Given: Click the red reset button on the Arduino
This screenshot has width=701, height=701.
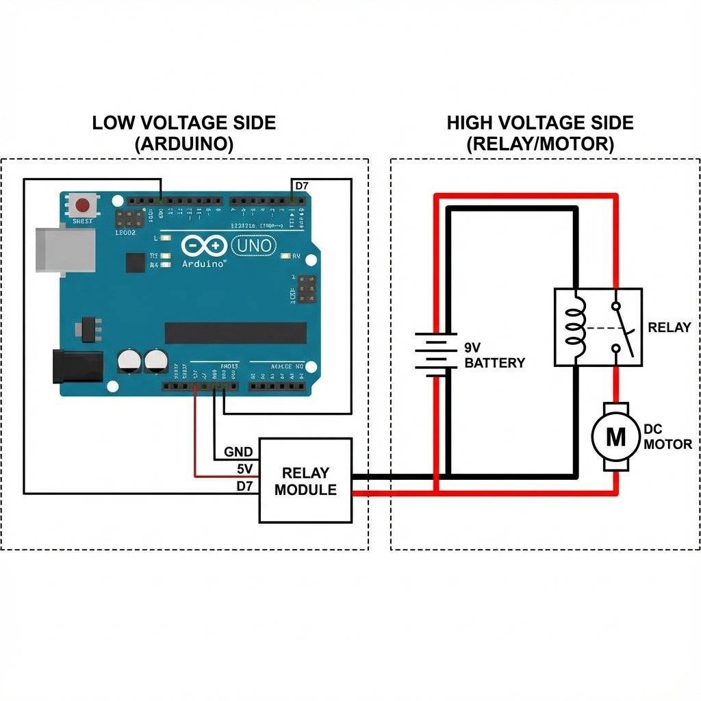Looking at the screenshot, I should [x=84, y=205].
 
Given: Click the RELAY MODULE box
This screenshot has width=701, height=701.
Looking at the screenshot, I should [x=305, y=481].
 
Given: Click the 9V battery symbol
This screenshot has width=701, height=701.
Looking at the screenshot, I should [x=435, y=354].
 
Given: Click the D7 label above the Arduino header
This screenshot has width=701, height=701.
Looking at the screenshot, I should [x=301, y=186].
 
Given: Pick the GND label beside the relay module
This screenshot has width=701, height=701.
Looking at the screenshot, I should [x=238, y=453].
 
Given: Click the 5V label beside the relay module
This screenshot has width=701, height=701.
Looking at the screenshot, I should [x=244, y=470].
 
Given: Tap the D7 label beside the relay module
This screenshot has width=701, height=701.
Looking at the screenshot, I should [x=244, y=486].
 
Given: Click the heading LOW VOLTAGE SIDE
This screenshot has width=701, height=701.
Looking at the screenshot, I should [x=184, y=123].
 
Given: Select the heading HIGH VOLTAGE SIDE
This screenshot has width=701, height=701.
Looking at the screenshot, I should [x=540, y=123].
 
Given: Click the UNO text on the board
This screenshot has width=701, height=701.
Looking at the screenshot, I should [x=255, y=245].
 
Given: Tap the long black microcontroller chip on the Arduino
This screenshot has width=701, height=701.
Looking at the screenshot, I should [x=235, y=333].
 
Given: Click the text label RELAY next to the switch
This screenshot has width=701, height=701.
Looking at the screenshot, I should [x=669, y=327].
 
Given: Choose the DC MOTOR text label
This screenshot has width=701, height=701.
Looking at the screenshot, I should [x=668, y=437].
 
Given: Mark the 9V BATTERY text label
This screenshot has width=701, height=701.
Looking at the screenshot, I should [x=494, y=355].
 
